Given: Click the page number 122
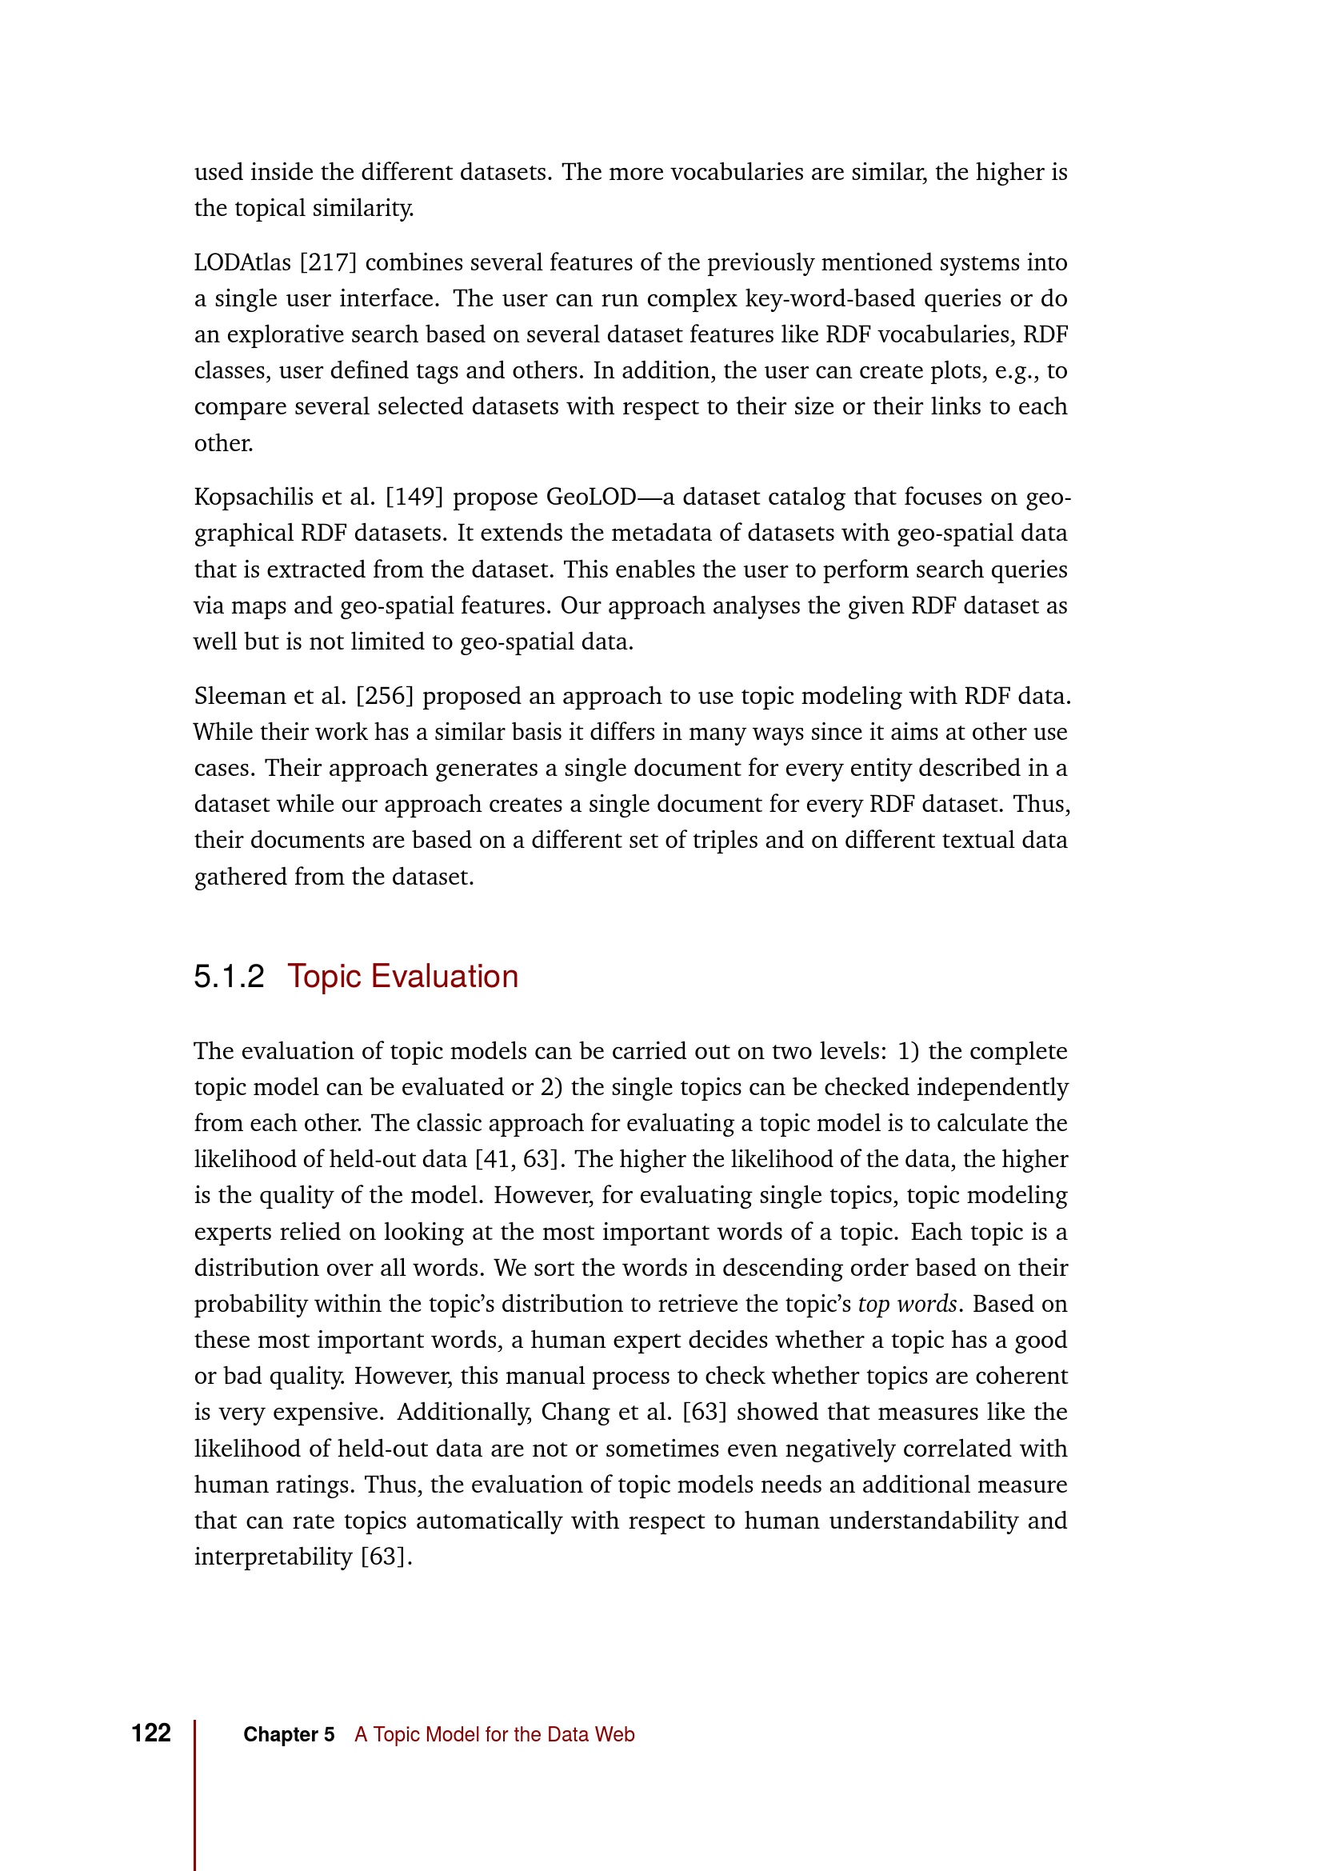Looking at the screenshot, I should (150, 1733).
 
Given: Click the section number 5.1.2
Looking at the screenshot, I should (229, 976).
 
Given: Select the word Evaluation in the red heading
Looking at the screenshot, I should (444, 976).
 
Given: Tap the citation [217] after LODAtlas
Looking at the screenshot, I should (328, 262).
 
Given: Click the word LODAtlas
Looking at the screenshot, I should (242, 262).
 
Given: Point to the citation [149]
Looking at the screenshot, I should (414, 497).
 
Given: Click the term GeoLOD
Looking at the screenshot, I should (590, 497).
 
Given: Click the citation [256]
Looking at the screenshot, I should (385, 696).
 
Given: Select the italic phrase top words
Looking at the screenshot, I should (907, 1304).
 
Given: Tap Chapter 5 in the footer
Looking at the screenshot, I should (289, 1734).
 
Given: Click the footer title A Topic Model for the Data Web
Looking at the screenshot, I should (494, 1734).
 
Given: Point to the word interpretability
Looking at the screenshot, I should (273, 1557).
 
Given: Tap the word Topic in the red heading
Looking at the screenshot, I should (323, 976).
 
